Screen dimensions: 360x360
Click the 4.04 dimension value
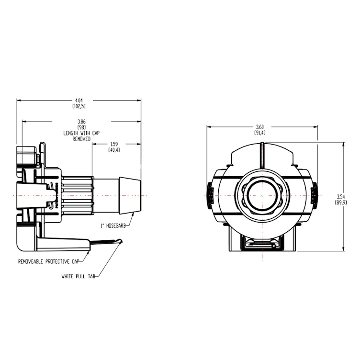(x=79, y=100)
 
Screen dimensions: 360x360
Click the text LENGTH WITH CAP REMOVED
(x=82, y=135)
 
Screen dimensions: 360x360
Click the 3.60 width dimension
(x=262, y=126)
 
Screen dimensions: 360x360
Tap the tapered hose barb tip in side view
(x=130, y=195)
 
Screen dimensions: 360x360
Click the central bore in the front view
(x=262, y=195)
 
